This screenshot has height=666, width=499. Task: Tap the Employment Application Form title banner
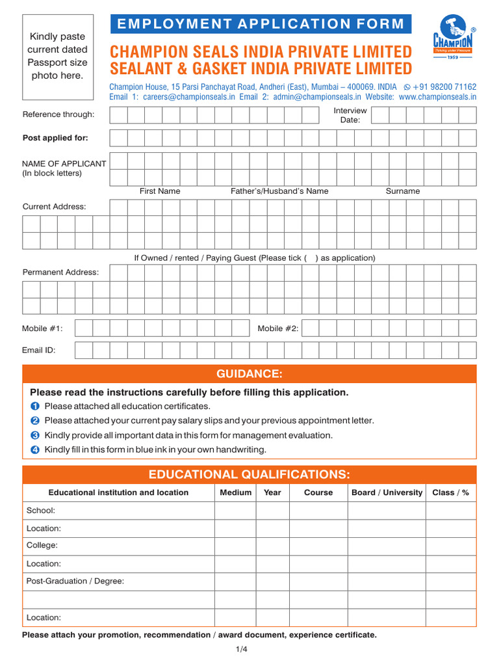coord(260,24)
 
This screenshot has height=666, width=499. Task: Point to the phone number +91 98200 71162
coord(444,87)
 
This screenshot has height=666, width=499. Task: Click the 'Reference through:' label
coord(58,114)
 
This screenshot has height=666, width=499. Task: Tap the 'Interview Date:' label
coord(350,115)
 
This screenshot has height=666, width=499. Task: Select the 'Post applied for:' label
coord(55,138)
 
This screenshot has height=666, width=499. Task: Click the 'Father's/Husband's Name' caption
coord(279,191)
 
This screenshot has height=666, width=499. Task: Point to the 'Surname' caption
coord(403,191)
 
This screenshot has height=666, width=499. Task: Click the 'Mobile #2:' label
coord(278,328)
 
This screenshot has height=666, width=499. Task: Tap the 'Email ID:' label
coord(39,350)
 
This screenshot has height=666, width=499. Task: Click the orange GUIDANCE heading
coord(249,373)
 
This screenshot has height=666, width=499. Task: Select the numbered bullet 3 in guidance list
coord(35,435)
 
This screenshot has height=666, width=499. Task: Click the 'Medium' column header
coord(235,492)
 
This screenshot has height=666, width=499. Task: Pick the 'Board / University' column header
coord(387,492)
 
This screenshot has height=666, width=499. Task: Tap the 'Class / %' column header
coord(450,492)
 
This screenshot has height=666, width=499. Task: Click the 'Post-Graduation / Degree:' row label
coord(75,581)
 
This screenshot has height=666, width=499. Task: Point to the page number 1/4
coord(242,649)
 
